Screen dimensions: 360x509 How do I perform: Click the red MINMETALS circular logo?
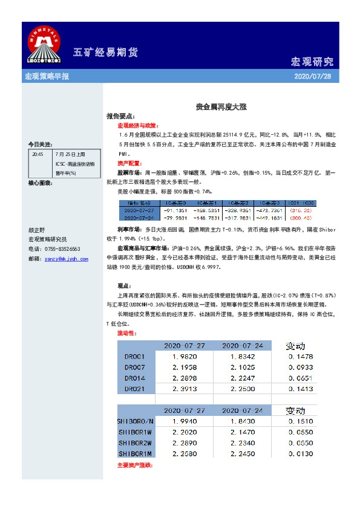pos(43,45)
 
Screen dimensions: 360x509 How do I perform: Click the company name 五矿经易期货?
pos(105,52)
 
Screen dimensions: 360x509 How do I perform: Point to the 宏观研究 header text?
pos(312,62)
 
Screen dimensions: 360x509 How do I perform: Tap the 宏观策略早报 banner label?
pos(47,77)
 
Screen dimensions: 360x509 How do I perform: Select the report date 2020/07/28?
pos(312,77)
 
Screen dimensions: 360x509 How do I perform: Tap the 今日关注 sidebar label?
pos(40,144)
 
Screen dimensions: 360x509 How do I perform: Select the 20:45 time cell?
pos(38,154)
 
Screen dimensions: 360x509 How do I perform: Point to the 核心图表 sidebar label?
pos(40,182)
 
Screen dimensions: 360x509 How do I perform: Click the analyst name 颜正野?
pos(37,230)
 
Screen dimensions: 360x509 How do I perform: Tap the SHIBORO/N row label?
pos(136,421)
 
